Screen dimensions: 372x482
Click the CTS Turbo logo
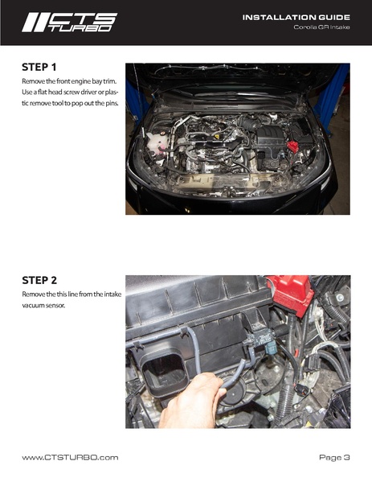[x=69, y=23]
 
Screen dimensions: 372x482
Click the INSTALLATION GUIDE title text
[x=296, y=18]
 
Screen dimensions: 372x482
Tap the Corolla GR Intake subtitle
[x=321, y=27]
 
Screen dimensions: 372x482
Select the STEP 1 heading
[x=39, y=67]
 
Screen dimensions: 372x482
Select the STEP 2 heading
[x=39, y=280]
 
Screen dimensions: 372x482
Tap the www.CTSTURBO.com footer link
[x=70, y=457]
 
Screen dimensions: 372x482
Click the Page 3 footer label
[x=334, y=458]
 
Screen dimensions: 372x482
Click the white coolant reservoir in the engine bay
[x=157, y=142]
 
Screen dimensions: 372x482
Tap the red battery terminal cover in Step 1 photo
[x=292, y=146]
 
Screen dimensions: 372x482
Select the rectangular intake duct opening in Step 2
[x=164, y=371]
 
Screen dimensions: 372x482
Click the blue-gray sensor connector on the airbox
[x=272, y=348]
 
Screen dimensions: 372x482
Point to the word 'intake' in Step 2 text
[x=112, y=295]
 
